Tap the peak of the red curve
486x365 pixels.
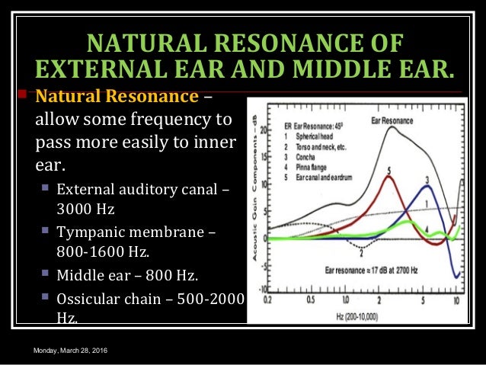pyautogui.click(x=389, y=178)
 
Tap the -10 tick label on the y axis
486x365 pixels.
pyautogui.click(x=261, y=290)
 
